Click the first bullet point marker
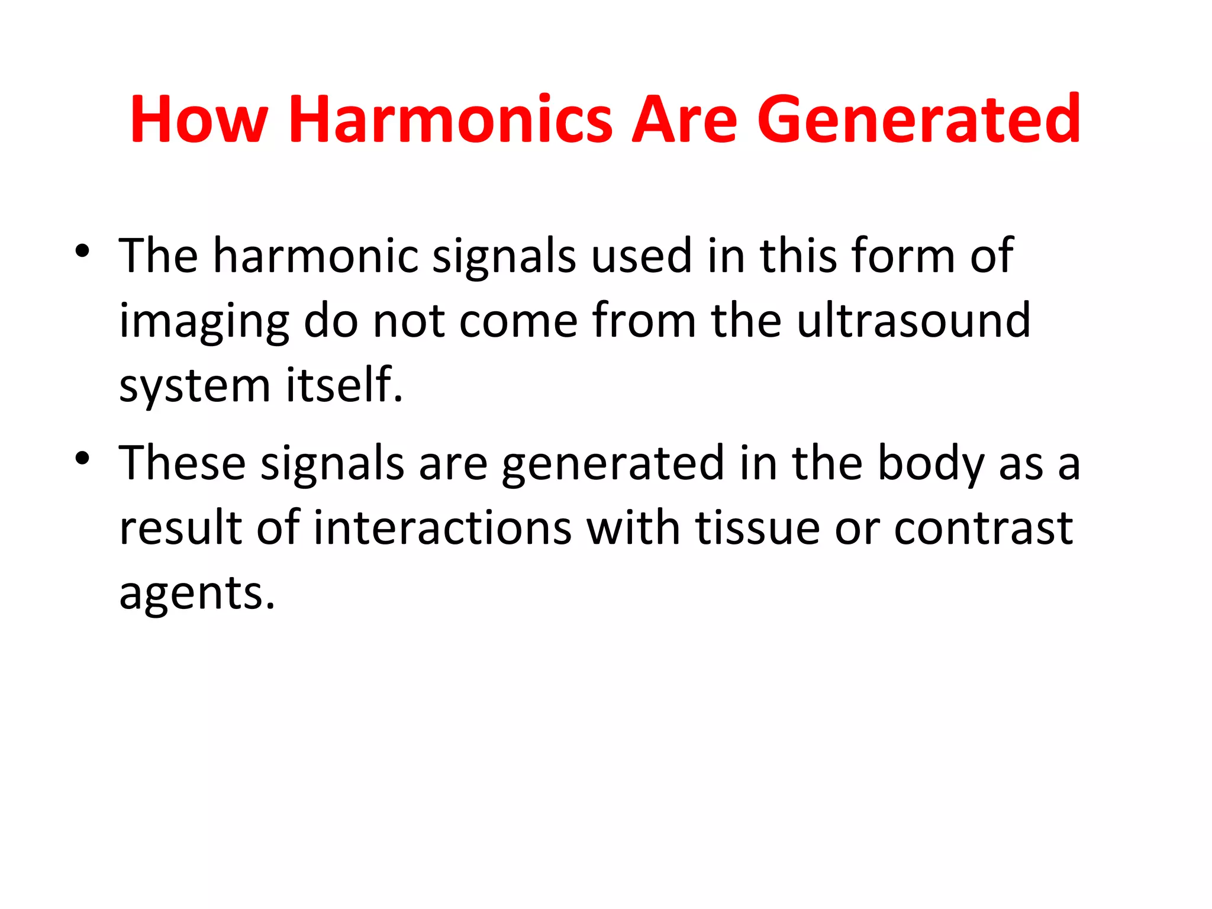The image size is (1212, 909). click(82, 251)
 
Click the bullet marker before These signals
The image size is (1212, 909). click(82, 458)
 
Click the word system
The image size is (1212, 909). click(195, 386)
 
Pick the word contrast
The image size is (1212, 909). click(983, 528)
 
